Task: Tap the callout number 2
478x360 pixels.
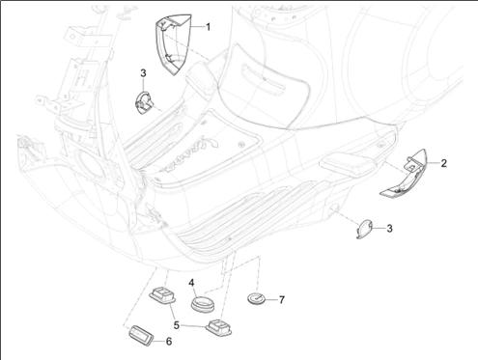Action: pyautogui.click(x=444, y=164)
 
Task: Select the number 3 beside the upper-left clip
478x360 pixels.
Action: pyautogui.click(x=143, y=73)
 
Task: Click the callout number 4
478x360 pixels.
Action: pyautogui.click(x=192, y=283)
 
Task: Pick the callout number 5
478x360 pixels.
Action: pyautogui.click(x=176, y=312)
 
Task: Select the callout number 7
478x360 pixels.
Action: pyautogui.click(x=281, y=300)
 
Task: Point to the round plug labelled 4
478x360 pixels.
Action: pyautogui.click(x=203, y=305)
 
